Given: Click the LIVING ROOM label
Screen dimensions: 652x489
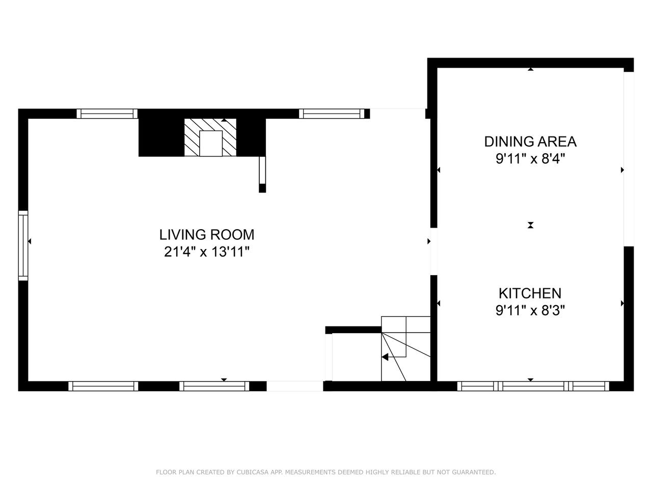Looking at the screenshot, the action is click(207, 235).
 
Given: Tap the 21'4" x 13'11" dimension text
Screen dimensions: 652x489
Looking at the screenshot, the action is click(207, 252).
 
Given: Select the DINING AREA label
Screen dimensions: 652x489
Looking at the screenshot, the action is click(530, 142).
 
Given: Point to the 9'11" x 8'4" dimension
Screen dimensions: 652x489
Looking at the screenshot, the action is click(530, 159).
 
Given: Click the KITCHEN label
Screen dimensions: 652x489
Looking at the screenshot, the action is click(530, 293).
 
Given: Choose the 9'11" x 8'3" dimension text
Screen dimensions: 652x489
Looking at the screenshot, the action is click(530, 311).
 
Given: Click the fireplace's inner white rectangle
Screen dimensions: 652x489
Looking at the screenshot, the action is click(211, 144).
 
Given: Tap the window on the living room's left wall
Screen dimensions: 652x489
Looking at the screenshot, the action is click(23, 246).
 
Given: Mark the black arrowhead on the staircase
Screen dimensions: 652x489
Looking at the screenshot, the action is click(385, 357).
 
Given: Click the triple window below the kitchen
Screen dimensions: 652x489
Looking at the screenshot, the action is click(533, 386).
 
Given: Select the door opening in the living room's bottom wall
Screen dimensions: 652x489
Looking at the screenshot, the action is click(294, 386).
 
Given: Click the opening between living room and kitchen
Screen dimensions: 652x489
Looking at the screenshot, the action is click(434, 252).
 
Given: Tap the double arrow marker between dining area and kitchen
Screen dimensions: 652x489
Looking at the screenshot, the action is click(530, 225).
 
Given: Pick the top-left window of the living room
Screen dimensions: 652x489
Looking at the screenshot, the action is click(107, 114).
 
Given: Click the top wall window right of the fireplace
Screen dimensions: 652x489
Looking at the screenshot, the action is click(332, 114).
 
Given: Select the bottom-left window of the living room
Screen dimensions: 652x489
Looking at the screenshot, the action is click(103, 386).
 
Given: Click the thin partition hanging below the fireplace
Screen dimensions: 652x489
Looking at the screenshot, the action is click(262, 174).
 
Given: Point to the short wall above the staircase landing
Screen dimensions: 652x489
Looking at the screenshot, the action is click(354, 330).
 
